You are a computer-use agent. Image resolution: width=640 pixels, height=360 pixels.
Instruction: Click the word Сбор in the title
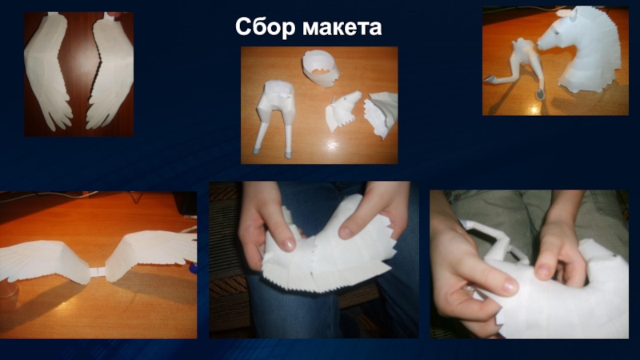pos(266,27)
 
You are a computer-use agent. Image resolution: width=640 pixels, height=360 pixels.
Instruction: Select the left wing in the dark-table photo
pos(48,71)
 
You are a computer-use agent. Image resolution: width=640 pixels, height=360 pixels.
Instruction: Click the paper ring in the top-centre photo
pos(321,68)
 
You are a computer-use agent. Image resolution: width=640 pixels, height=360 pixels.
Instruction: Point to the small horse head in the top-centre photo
pos(342,110)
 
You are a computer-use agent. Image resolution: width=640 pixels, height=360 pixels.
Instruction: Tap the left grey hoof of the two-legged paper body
pos(256,150)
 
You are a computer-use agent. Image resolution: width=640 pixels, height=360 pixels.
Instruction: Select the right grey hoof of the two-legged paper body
pos(288,154)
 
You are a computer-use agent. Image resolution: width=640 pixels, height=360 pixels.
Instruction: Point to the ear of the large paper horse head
pos(573,15)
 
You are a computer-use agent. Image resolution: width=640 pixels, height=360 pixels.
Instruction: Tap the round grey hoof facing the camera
pos(540,94)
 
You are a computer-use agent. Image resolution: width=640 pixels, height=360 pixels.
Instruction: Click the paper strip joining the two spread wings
pos(97,271)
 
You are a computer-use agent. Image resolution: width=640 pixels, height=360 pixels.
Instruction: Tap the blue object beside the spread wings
pos(193,269)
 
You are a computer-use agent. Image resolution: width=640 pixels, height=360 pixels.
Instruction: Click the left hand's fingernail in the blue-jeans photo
pos(289,245)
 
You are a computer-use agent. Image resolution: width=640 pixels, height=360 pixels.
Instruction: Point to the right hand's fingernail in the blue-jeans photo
pos(346,233)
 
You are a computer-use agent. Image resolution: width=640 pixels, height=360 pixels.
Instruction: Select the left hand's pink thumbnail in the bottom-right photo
pos(510,286)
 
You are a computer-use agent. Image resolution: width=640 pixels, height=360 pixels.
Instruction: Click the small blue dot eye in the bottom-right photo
pos(614,256)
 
